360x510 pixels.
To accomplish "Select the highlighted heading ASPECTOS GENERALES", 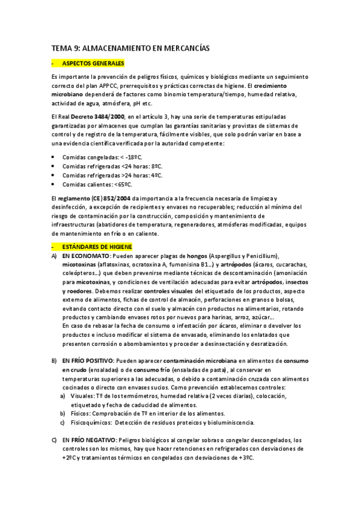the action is [93, 63].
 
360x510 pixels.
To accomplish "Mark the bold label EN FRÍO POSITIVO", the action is [90, 360].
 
